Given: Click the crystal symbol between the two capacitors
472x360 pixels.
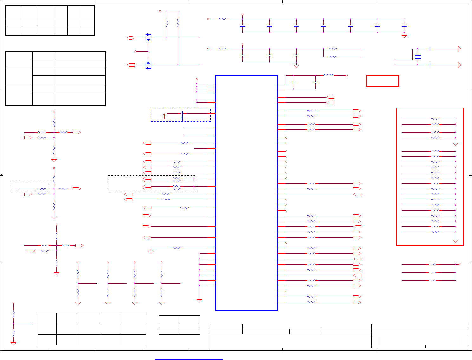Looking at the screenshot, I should pos(418,57).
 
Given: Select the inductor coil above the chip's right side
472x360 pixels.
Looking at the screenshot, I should pos(329,75).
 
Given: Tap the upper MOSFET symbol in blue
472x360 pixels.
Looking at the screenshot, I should pos(148,38).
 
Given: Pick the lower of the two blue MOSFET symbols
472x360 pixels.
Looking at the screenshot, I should pos(148,65).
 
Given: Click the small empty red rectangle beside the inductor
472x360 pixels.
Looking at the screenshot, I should pos(383,81).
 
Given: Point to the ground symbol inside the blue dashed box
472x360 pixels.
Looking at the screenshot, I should pos(163,116).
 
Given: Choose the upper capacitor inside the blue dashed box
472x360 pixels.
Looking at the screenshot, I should pos(182,113).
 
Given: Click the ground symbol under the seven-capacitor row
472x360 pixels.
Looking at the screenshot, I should pos(404,36).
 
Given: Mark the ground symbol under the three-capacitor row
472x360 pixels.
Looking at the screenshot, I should pos(296,66).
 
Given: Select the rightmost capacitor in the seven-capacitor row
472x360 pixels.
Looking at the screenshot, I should pos(404,26).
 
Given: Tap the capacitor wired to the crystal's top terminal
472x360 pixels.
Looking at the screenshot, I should pos(430,49).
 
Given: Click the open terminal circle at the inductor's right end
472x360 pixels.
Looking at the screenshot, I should pos(347,75).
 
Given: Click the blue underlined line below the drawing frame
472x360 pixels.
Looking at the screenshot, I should pos(189,359).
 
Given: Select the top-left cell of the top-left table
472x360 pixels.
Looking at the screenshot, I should pos(14,12).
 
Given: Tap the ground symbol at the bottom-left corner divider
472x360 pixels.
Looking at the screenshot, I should pos(14,343).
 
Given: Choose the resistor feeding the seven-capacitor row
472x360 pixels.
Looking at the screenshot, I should pos(223,19).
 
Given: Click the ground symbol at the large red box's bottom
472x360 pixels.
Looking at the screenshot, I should pos(456,241).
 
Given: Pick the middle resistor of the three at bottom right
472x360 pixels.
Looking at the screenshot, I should pos(432,272).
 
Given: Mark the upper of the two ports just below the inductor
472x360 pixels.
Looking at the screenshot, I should pos(330,97).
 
